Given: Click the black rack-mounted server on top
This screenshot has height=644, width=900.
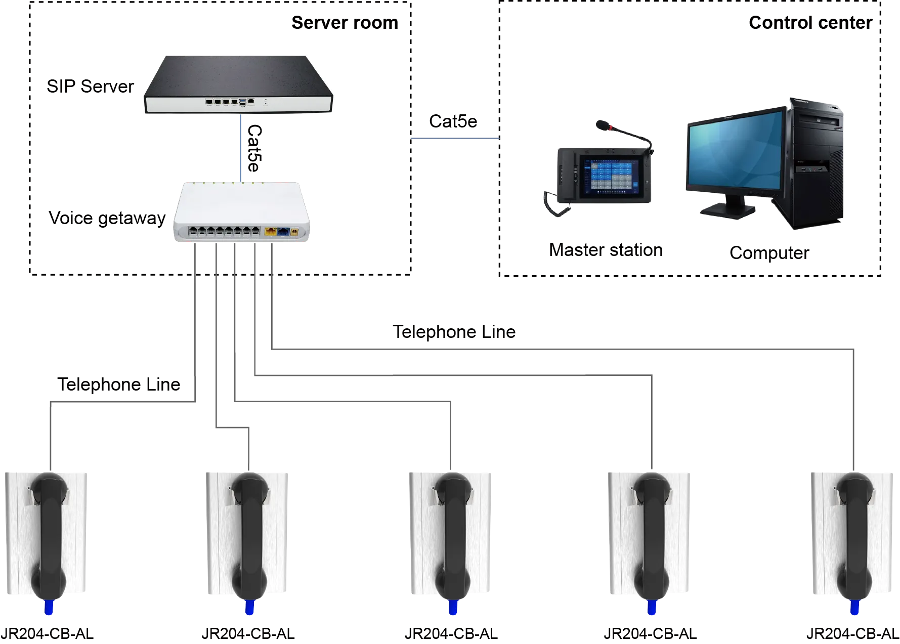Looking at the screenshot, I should tap(238, 85).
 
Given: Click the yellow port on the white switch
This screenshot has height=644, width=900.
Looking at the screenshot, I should tap(270, 232).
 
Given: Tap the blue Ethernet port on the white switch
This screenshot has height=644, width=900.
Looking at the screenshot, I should tap(282, 232).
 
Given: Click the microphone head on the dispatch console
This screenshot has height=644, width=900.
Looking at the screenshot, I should tap(603, 124).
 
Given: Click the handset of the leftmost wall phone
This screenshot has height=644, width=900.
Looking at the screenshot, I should tap(49, 536).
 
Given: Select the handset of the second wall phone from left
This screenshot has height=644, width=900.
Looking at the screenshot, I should tap(249, 536).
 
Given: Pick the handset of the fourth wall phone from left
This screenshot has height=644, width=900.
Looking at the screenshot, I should tap(652, 536).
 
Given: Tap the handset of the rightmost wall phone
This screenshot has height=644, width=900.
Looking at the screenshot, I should tap(854, 536).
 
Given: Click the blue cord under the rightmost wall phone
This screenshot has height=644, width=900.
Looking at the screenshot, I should tap(855, 607).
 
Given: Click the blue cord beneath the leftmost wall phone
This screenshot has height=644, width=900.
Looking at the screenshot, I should tap(49, 607).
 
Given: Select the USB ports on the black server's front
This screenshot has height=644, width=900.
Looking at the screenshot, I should tap(243, 102).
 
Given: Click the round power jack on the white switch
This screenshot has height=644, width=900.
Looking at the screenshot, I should tap(294, 232).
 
